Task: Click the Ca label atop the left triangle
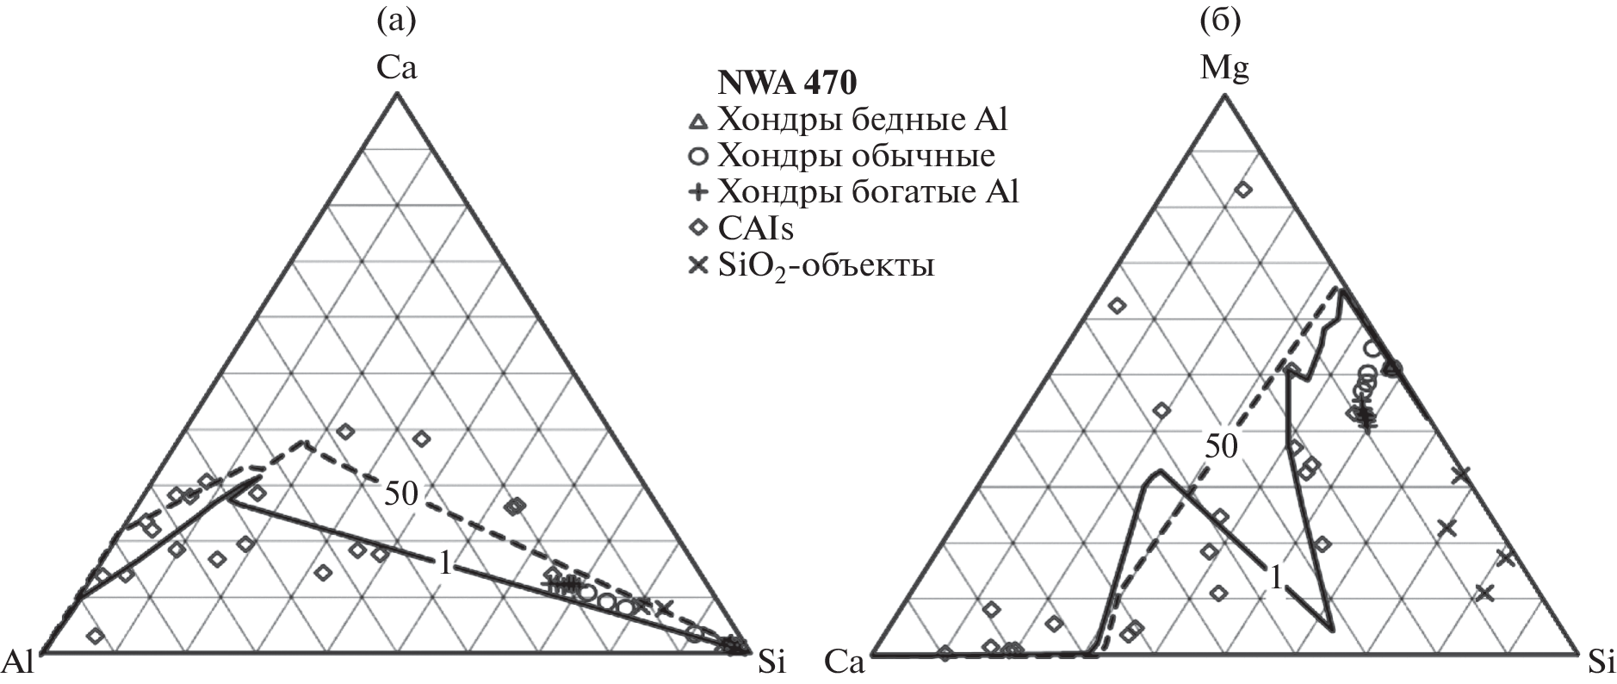(396, 67)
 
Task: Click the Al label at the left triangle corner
(18, 662)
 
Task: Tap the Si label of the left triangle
(771, 662)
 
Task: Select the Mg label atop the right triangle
(1224, 67)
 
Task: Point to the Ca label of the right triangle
(845, 662)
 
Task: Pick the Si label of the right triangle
(1601, 662)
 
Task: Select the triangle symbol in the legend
(699, 121)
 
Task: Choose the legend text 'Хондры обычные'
(856, 156)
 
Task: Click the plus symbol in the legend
(699, 192)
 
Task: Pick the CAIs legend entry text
(755, 228)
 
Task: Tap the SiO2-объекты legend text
(826, 265)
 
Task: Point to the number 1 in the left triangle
(445, 563)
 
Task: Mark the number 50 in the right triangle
(1221, 445)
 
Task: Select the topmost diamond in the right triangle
(1243, 190)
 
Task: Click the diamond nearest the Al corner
(96, 636)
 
